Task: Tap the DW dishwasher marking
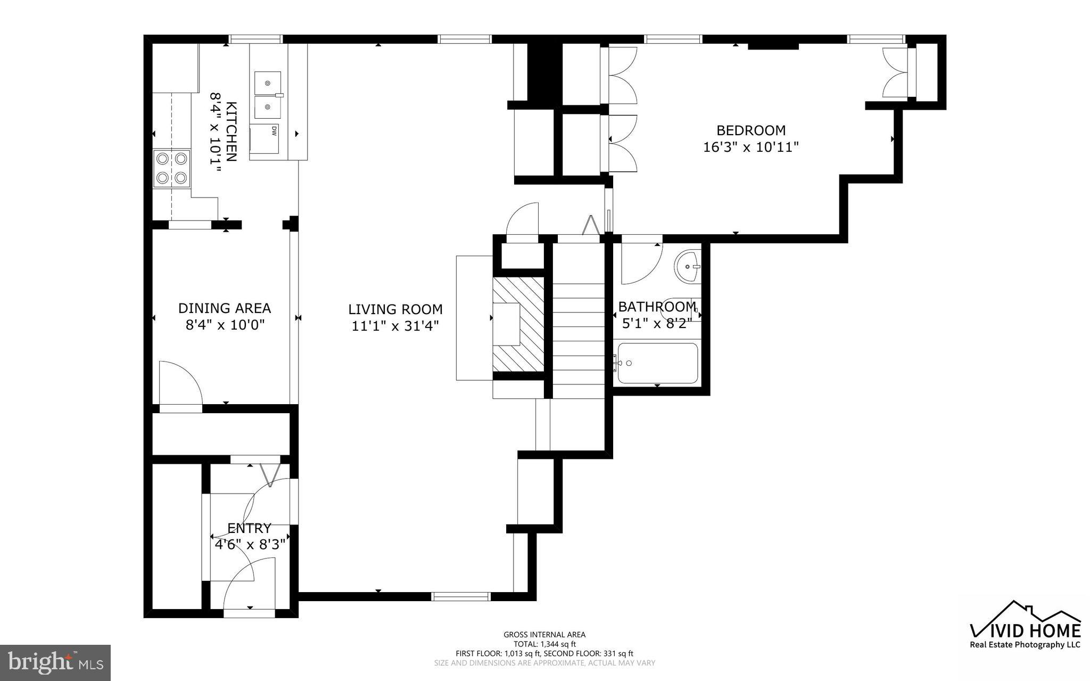[x=274, y=131]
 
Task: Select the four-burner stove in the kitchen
[x=171, y=168]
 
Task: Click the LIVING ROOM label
[x=395, y=309]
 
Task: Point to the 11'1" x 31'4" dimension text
[x=395, y=326]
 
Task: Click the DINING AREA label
[x=224, y=308]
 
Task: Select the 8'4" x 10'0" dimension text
[x=225, y=325]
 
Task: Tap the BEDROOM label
[x=750, y=130]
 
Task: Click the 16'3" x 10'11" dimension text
[x=751, y=147]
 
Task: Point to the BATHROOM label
[x=657, y=307]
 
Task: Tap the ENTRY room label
[x=249, y=528]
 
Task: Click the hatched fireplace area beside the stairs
[x=518, y=324]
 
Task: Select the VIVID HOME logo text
[x=1025, y=631]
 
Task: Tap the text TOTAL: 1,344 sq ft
[x=544, y=644]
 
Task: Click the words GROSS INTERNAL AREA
[x=544, y=635]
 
